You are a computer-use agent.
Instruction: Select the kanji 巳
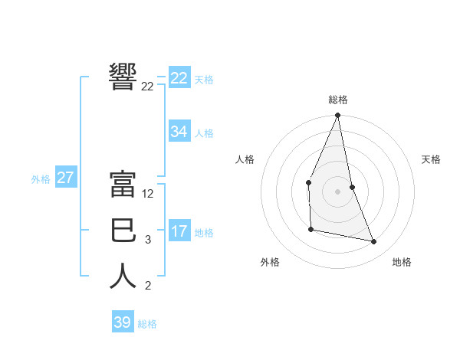pos(123,230)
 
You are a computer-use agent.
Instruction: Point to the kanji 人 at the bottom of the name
pos(123,276)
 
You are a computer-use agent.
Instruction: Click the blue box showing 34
pos(179,132)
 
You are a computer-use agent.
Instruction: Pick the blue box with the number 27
pos(65,178)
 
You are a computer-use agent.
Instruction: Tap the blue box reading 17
pos(179,231)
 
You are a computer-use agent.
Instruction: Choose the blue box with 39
pos(123,322)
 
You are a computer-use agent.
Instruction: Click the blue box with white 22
pos(179,78)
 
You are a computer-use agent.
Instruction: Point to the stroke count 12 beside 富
pos(148,195)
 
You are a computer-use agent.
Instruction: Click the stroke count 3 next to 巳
pos(147,241)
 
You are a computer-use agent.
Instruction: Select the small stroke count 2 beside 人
pos(147,286)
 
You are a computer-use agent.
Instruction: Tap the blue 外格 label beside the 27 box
pos(41,179)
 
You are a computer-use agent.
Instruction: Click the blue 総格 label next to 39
pos(147,324)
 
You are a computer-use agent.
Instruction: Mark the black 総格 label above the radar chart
pos(337,100)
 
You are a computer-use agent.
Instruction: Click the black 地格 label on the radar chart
pos(402,262)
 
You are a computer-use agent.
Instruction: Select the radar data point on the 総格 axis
pos(337,116)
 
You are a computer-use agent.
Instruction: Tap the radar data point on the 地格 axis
pos(374,242)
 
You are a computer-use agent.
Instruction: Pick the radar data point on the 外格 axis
pos(310,229)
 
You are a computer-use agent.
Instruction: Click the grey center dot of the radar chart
pos(337,191)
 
